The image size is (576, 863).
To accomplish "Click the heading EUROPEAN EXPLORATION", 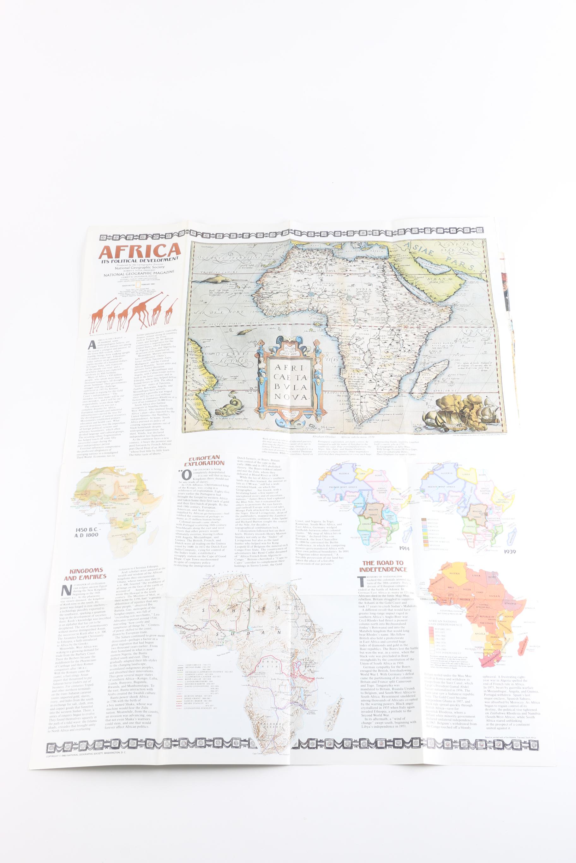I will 204,461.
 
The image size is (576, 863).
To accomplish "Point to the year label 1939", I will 510,551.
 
